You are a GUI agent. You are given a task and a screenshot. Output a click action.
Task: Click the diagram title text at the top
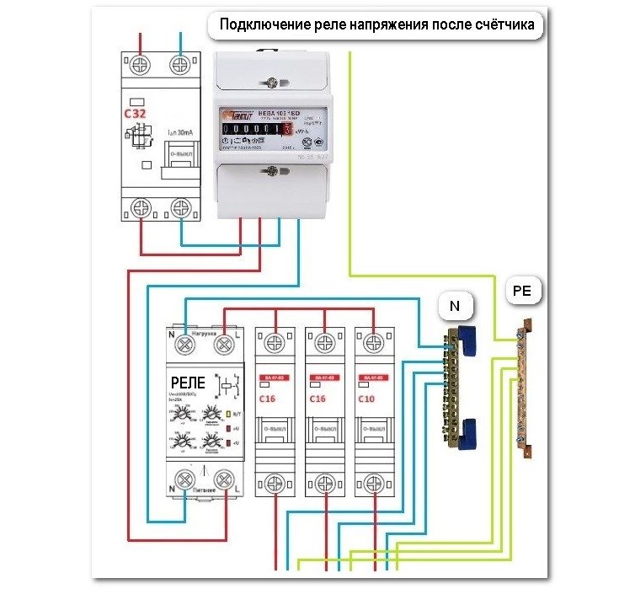click(x=376, y=24)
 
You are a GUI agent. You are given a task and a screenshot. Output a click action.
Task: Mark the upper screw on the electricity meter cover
click(x=269, y=83)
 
